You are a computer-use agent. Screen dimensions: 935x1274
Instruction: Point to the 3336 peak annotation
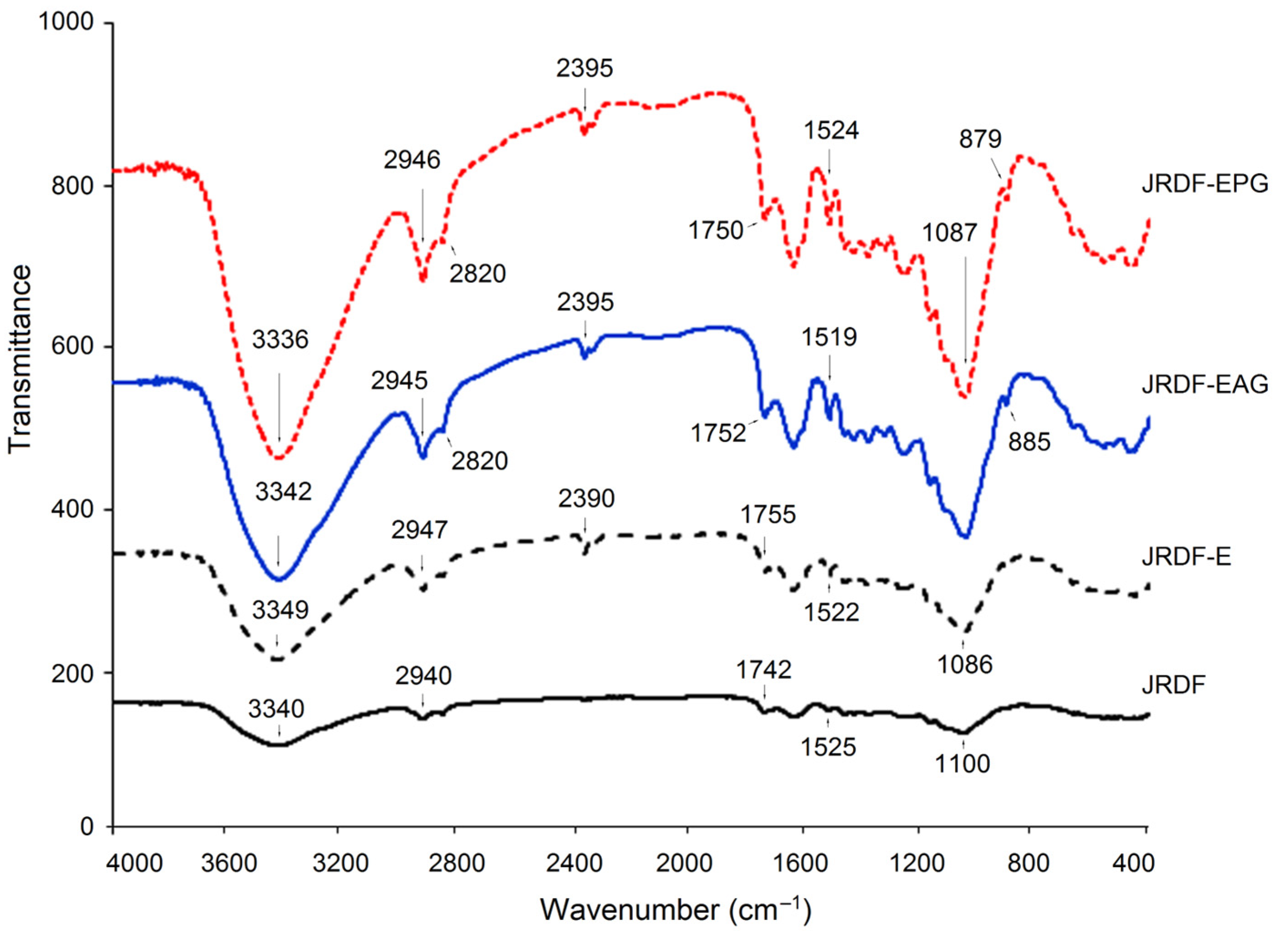pyautogui.click(x=280, y=340)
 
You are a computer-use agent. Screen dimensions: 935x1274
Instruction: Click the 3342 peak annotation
pyautogui.click(x=283, y=492)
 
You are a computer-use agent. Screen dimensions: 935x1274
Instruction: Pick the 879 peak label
pyautogui.click(x=980, y=139)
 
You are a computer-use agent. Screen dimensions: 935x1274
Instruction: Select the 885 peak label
pyautogui.click(x=1029, y=442)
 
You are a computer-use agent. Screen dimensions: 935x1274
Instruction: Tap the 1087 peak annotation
pyautogui.click(x=950, y=233)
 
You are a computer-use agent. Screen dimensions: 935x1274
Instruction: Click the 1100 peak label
pyautogui.click(x=963, y=764)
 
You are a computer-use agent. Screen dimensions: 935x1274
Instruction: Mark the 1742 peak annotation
pyautogui.click(x=764, y=671)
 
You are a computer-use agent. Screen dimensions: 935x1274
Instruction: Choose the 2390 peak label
pyautogui.click(x=586, y=498)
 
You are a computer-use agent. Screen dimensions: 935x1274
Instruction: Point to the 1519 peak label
pyautogui.click(x=829, y=337)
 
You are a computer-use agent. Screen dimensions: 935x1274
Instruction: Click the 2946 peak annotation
pyautogui.click(x=412, y=160)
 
